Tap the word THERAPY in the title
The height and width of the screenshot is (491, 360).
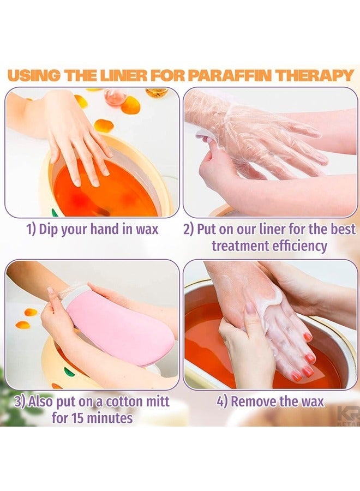click(317, 75)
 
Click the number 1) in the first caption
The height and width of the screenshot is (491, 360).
click(32, 229)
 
